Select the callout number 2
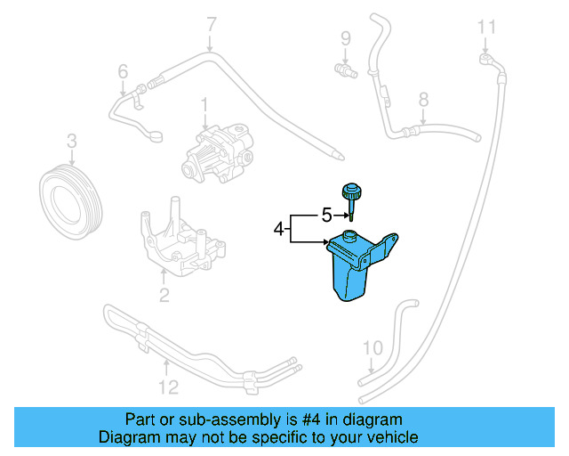tap(164, 295)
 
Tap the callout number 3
tap(71, 140)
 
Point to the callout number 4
tap(278, 230)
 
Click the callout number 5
tap(326, 215)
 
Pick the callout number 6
tap(123, 70)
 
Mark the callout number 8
tap(423, 100)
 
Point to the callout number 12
tap(168, 387)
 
